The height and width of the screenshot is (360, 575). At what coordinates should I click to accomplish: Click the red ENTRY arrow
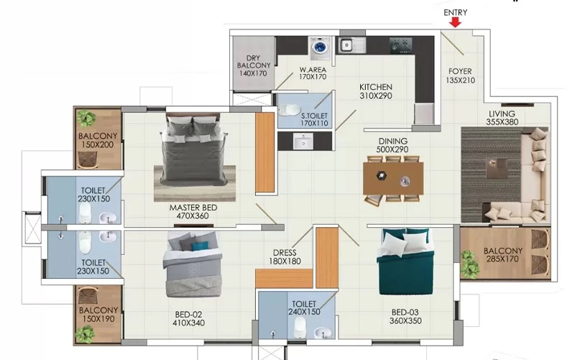(456, 22)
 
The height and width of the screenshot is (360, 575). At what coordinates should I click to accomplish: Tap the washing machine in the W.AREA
(320, 48)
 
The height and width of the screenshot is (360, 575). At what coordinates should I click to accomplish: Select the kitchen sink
(351, 45)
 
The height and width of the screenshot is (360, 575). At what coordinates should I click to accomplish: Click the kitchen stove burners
(401, 45)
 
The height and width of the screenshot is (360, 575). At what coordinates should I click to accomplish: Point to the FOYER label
(460, 71)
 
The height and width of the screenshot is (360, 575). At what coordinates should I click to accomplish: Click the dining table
(393, 178)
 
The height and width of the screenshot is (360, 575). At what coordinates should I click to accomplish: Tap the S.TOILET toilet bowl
(290, 110)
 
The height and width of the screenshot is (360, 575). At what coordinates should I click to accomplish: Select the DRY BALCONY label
(254, 62)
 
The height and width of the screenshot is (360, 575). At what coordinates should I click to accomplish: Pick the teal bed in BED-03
(405, 262)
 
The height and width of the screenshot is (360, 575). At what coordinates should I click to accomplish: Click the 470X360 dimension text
(193, 216)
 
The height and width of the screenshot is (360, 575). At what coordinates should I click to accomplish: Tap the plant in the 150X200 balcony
(87, 119)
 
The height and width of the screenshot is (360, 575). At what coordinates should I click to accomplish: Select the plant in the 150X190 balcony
(85, 333)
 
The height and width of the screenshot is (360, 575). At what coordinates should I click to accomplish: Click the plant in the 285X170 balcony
(470, 264)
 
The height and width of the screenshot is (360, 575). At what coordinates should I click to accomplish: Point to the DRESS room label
(285, 253)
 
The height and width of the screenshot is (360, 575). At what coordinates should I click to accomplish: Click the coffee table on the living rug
(497, 168)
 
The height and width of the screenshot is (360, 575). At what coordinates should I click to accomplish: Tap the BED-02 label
(188, 315)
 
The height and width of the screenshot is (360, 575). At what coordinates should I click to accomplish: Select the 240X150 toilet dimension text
(304, 312)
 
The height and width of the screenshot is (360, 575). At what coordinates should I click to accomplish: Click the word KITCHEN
(375, 87)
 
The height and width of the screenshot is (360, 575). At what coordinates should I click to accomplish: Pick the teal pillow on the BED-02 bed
(201, 246)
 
